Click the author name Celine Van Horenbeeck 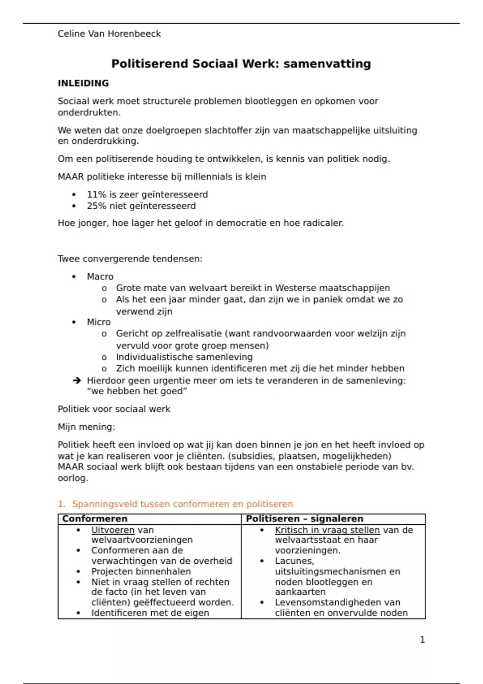point(109,34)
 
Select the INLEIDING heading point(83,83)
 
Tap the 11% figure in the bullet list point(97,195)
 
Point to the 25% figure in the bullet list point(97,206)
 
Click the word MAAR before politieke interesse point(71,177)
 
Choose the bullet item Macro point(100,277)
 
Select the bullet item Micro point(99,322)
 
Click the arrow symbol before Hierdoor point(77,381)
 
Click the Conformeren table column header point(95,519)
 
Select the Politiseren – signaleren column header point(305,519)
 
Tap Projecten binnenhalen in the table point(141,572)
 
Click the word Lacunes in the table point(294,561)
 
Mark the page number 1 point(422,640)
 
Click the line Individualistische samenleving point(184,357)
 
